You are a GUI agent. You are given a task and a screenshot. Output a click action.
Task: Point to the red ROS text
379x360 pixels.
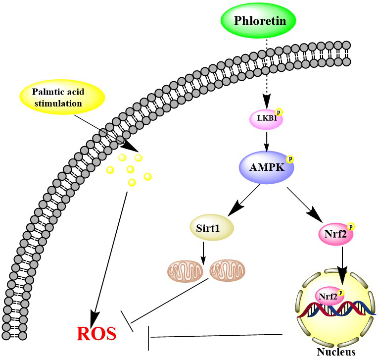(x=96, y=334)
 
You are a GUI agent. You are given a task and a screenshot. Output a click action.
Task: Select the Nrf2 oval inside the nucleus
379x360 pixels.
(x=328, y=298)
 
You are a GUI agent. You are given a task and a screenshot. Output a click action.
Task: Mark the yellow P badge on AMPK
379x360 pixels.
(x=290, y=159)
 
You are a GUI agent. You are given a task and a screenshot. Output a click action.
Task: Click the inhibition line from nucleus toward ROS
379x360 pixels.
(x=218, y=336)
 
